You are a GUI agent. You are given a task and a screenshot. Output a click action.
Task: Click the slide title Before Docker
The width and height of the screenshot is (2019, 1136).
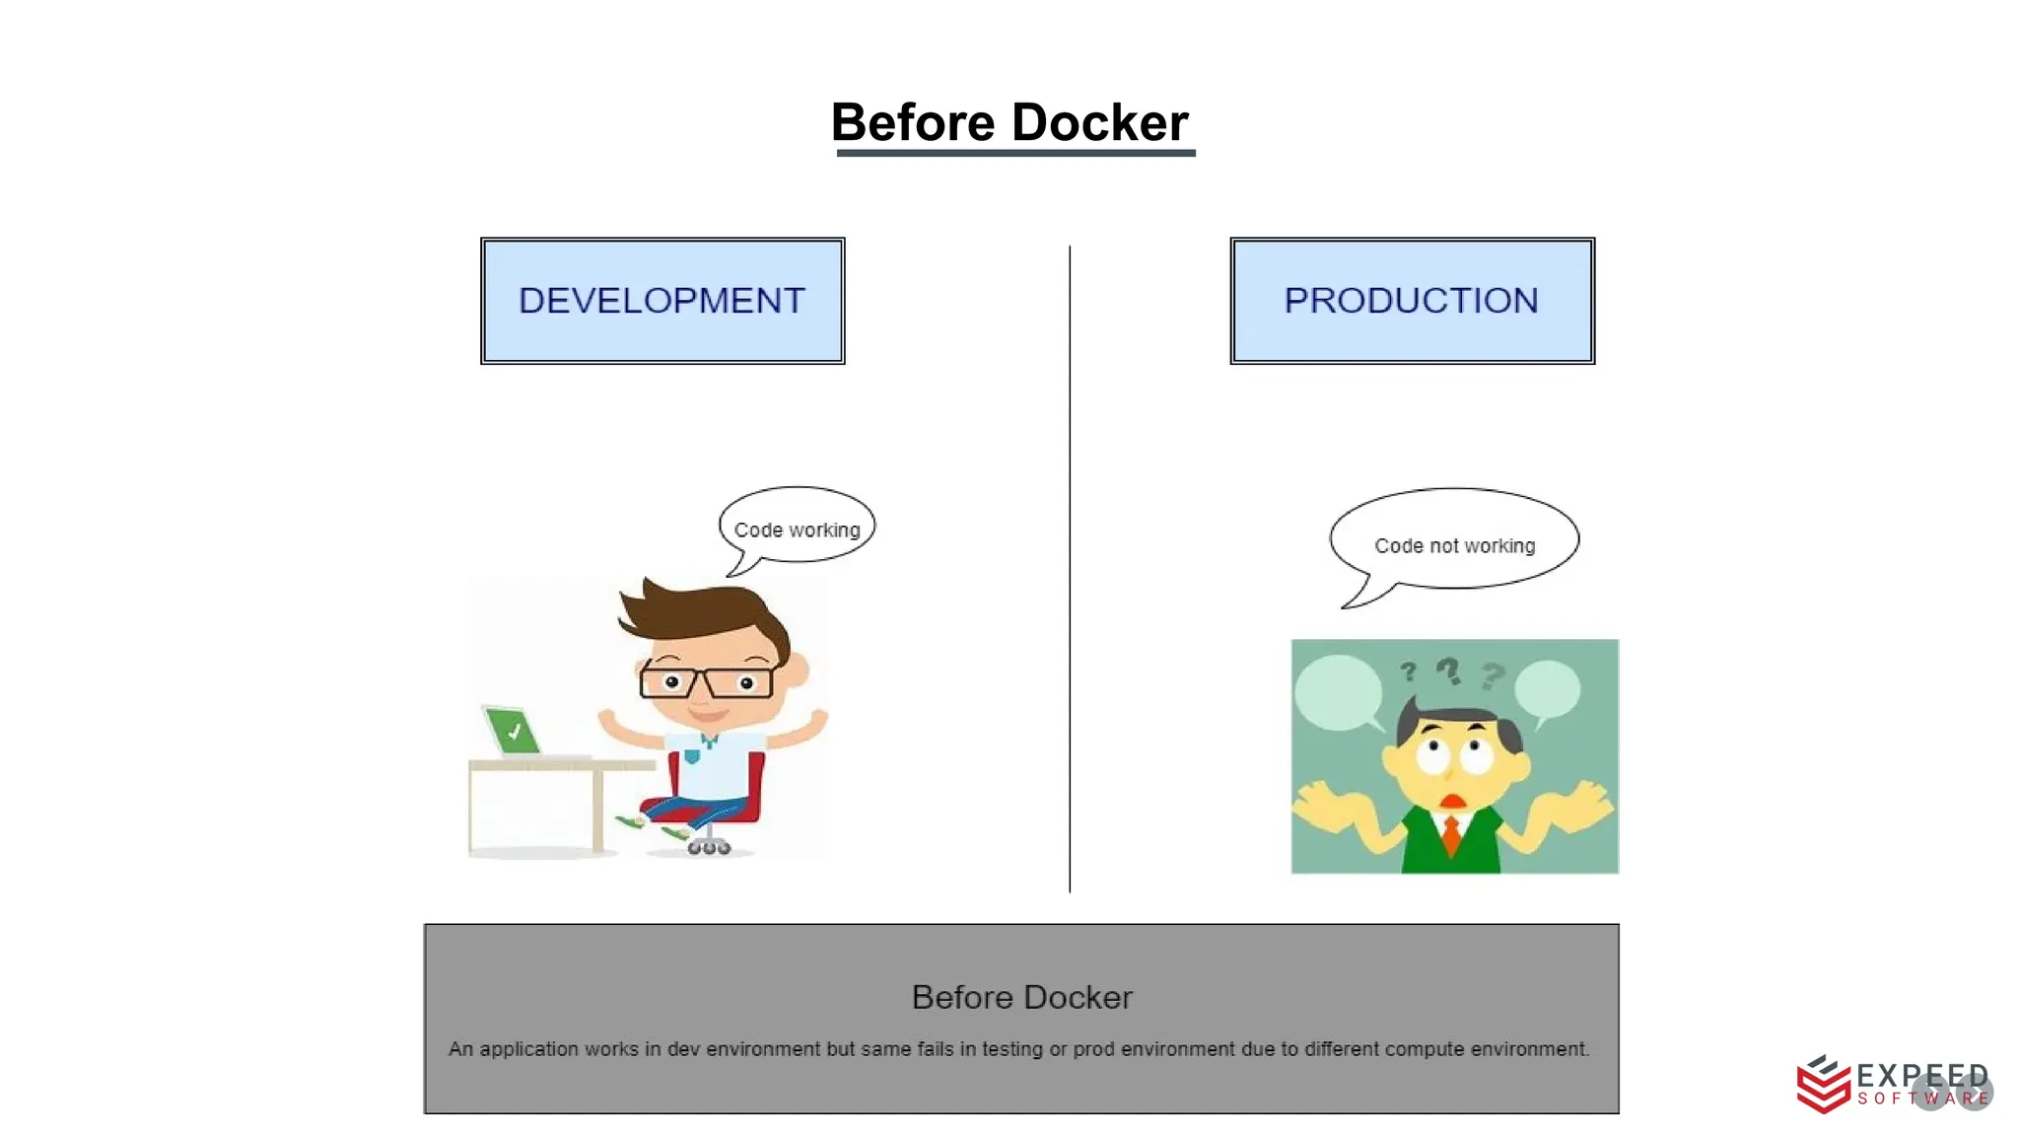click(x=1009, y=122)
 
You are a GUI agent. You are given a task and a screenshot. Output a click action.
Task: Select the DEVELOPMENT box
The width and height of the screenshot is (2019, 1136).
click(x=662, y=301)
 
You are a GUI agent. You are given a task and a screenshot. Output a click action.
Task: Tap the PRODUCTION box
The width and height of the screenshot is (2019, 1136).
click(x=1412, y=301)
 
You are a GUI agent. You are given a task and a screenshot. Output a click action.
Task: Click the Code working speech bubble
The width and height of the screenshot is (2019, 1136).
click(x=797, y=527)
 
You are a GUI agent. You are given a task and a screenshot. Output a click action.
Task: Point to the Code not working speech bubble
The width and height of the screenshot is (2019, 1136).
click(x=1454, y=541)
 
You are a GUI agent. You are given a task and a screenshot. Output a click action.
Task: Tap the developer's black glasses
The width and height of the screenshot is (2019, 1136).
click(x=706, y=681)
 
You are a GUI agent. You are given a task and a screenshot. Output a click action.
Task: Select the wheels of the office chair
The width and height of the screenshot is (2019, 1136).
click(x=709, y=847)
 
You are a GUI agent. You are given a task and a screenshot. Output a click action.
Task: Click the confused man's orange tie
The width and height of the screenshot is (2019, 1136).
click(x=1451, y=832)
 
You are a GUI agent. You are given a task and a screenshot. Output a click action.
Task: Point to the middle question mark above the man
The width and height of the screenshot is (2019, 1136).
click(x=1447, y=672)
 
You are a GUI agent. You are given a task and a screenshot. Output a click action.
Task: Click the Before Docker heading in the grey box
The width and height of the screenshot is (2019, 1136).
click(x=1021, y=997)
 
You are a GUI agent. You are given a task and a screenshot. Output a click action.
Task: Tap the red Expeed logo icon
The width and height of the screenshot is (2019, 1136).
click(x=1823, y=1085)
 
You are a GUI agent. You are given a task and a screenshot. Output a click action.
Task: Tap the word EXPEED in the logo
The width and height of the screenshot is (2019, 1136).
click(x=1921, y=1075)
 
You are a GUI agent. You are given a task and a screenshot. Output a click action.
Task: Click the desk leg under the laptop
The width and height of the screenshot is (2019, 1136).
click(x=597, y=809)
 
